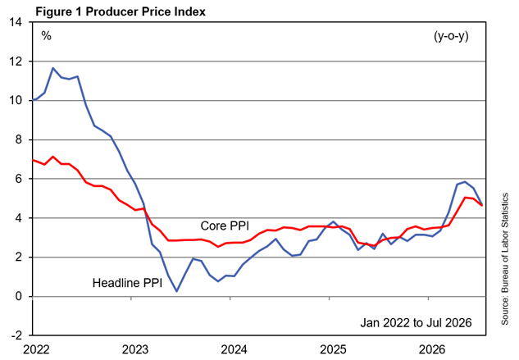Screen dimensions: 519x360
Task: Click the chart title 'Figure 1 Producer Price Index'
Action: (x=121, y=11)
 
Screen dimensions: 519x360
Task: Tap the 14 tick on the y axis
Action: (x=16, y=22)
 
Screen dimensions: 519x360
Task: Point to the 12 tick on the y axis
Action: (x=16, y=62)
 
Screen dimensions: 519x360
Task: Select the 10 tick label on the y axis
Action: (x=16, y=100)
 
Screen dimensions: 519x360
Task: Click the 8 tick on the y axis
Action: (x=18, y=139)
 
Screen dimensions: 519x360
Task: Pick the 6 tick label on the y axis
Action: (x=18, y=179)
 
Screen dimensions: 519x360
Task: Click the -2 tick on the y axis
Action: (x=16, y=335)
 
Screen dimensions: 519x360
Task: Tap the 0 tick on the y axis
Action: (x=18, y=296)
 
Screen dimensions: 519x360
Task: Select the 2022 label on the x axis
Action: (x=36, y=349)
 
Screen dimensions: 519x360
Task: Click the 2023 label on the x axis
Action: (x=135, y=349)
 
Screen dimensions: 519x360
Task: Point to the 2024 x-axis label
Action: (x=234, y=349)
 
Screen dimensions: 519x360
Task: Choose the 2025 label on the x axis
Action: (x=334, y=349)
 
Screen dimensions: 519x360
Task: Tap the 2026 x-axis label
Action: (x=432, y=349)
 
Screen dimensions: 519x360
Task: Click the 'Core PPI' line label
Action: (x=225, y=226)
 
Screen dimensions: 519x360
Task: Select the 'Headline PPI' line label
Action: (x=127, y=283)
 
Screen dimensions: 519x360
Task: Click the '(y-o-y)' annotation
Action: (x=451, y=36)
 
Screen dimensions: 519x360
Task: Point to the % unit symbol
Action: (x=47, y=35)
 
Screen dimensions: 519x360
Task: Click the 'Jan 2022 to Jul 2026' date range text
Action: (x=416, y=322)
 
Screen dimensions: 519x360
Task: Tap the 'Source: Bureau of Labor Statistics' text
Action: (x=505, y=258)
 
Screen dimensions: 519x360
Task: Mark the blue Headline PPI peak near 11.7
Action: (x=52, y=68)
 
